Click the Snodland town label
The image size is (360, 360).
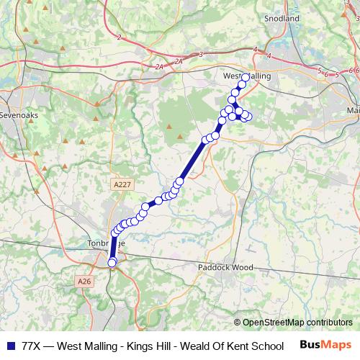click(282, 19)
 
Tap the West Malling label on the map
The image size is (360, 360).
click(246, 75)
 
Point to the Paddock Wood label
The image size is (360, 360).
click(226, 267)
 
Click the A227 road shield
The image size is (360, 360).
click(122, 185)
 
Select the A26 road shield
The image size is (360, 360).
click(85, 281)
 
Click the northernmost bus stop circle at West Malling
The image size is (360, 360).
click(246, 77)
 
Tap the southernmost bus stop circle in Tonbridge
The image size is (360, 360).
click(112, 263)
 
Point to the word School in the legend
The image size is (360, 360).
click(266, 346)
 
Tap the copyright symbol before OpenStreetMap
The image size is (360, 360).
click(237, 323)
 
